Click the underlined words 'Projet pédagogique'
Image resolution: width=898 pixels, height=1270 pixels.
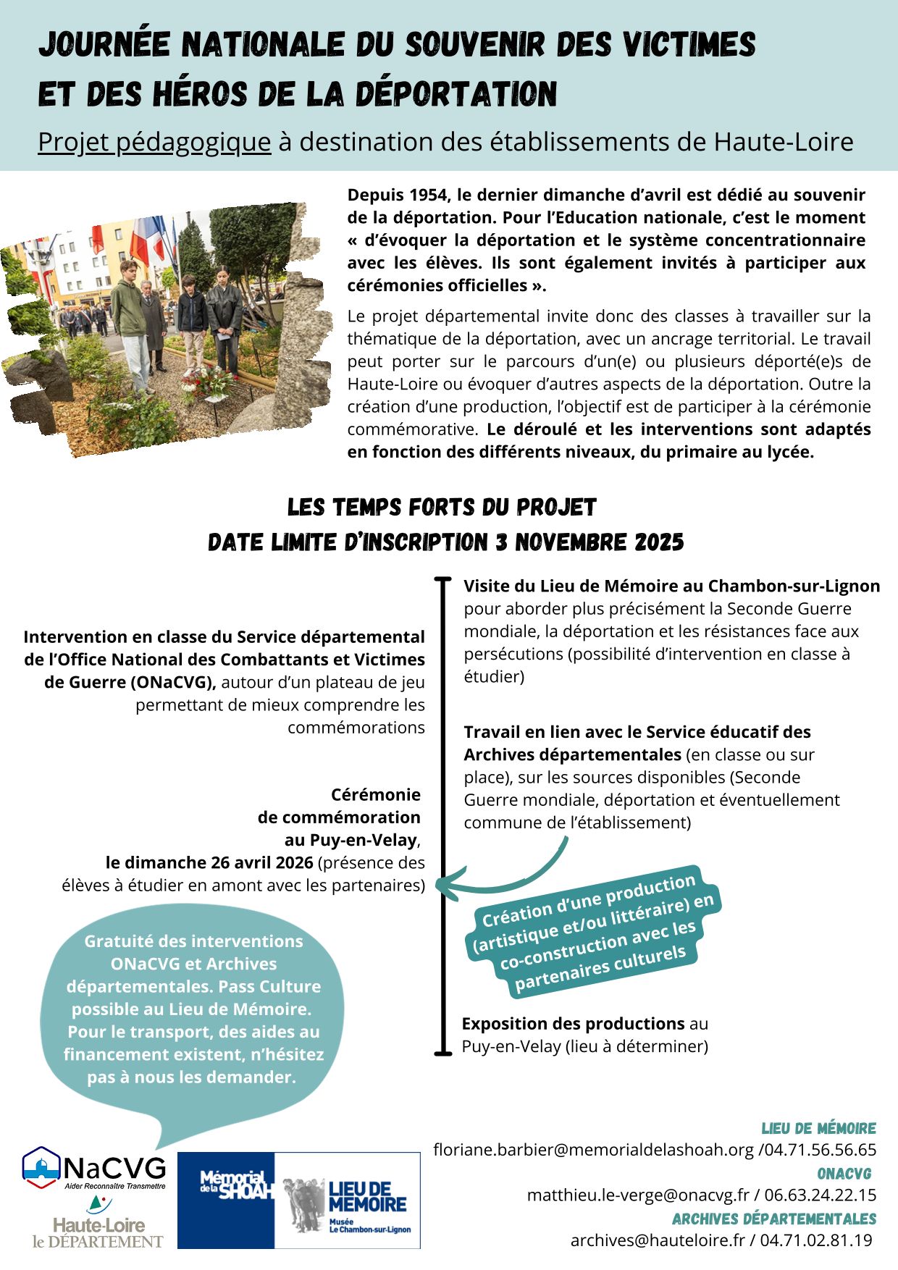click(x=154, y=143)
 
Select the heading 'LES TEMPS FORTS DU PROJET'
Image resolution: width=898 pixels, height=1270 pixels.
click(x=442, y=508)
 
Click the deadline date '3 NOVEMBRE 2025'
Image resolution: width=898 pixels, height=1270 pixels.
click(x=589, y=542)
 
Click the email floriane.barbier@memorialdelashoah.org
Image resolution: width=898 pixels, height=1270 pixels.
click(x=593, y=1150)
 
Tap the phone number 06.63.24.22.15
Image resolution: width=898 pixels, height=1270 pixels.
click(x=820, y=1195)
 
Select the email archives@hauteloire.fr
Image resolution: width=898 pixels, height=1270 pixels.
click(x=658, y=1240)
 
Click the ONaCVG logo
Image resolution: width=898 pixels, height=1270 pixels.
click(x=94, y=1168)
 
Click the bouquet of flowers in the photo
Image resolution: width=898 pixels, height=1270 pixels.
click(x=210, y=382)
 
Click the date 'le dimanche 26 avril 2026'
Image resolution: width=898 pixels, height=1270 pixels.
click(x=209, y=862)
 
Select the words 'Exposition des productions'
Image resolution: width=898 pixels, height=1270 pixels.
click(x=573, y=1024)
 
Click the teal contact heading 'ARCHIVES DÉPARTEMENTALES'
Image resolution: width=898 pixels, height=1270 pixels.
click(x=773, y=1219)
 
